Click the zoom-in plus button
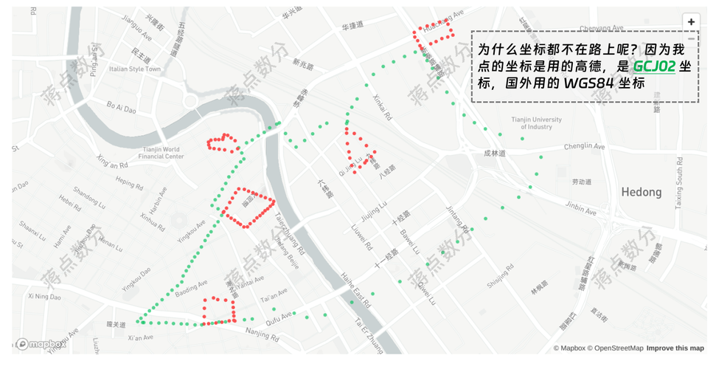[691, 22]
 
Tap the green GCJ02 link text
[653, 66]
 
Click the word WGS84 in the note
[588, 83]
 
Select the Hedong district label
[641, 192]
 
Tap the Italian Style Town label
[134, 69]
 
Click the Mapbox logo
[42, 344]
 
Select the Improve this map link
[675, 348]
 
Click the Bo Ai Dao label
[121, 108]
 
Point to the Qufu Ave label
[279, 320]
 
